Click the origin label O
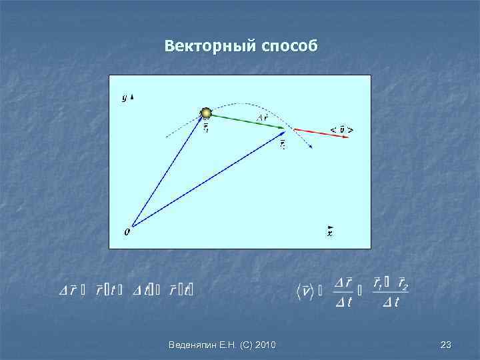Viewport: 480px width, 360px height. [127, 233]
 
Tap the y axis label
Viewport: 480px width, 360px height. [124, 97]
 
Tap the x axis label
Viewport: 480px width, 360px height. [330, 233]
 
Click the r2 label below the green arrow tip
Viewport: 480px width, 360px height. [283, 143]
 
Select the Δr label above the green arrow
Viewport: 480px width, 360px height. [263, 118]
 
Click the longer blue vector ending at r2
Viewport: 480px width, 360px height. [207, 180]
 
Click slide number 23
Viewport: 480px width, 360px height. [446, 345]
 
